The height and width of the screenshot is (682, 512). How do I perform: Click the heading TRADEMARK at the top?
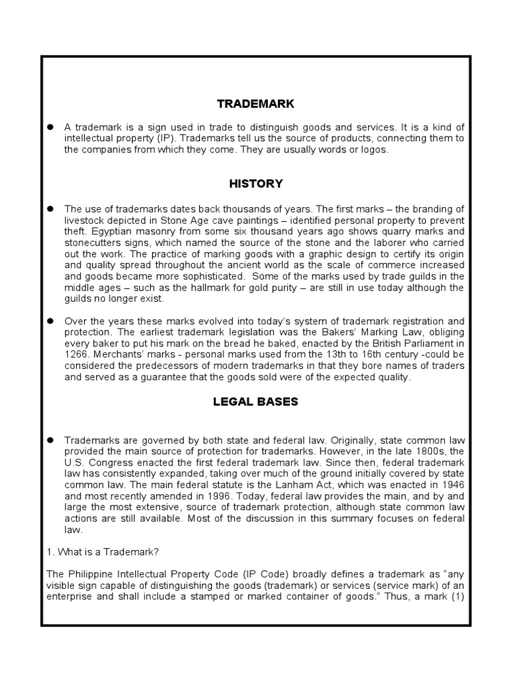255,104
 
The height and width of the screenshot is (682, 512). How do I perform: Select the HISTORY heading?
255,183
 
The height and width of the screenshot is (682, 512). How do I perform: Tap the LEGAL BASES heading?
255,402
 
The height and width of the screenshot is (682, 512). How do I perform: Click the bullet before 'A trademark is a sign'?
50,127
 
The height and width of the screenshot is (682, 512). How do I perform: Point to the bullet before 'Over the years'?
50,320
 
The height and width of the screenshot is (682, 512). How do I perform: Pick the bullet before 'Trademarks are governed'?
50,440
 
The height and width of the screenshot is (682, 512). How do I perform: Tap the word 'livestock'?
85,220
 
